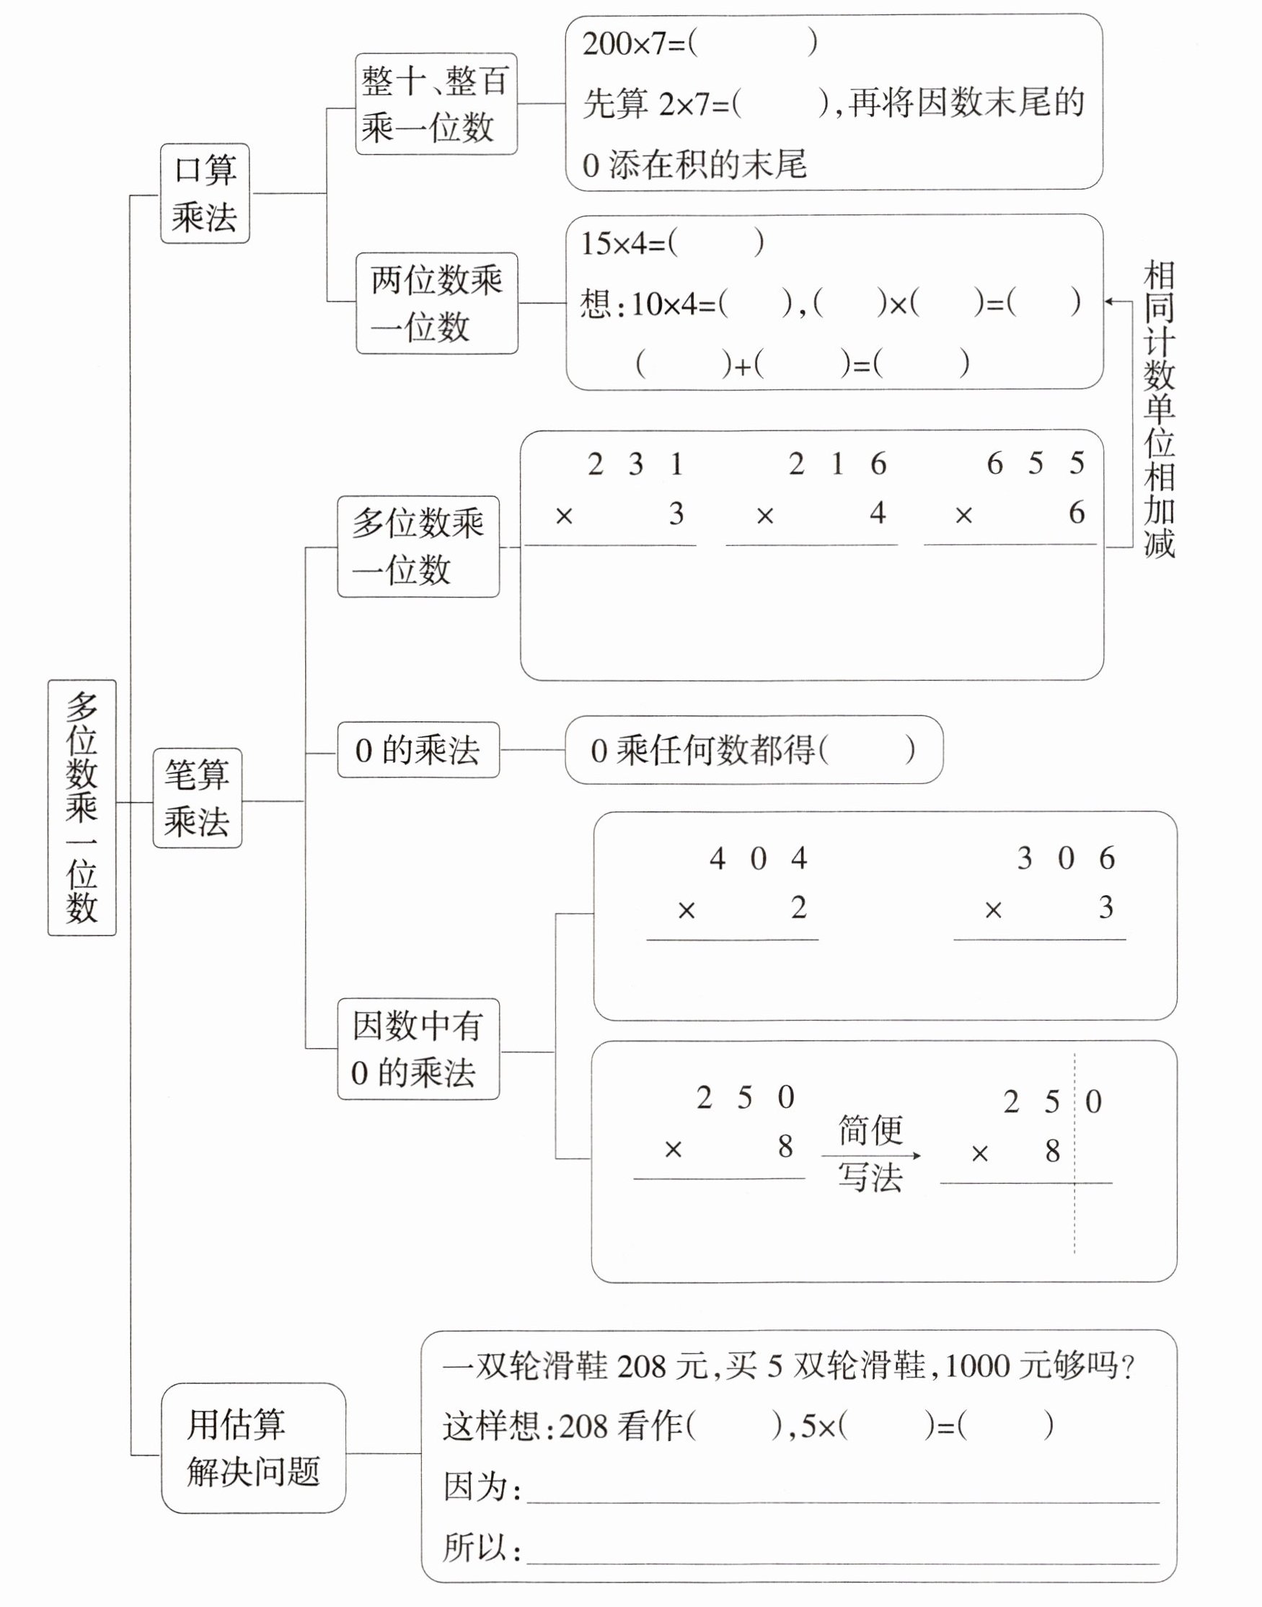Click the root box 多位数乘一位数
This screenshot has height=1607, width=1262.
click(81, 807)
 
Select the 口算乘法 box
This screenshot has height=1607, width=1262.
click(205, 193)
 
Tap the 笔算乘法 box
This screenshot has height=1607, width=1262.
click(197, 797)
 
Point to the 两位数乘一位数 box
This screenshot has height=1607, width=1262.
click(437, 303)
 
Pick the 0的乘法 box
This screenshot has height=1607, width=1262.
click(418, 750)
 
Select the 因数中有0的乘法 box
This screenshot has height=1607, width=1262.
click(418, 1049)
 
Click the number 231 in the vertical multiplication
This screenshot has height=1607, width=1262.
click(635, 465)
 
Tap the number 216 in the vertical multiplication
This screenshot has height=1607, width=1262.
click(837, 465)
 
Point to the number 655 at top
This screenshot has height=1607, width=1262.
click(1036, 464)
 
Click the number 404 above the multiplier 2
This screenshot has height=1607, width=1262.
click(758, 859)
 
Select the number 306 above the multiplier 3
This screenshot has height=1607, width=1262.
click(1065, 858)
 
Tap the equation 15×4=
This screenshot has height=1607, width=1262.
click(625, 244)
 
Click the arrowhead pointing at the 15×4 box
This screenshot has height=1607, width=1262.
click(1109, 301)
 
